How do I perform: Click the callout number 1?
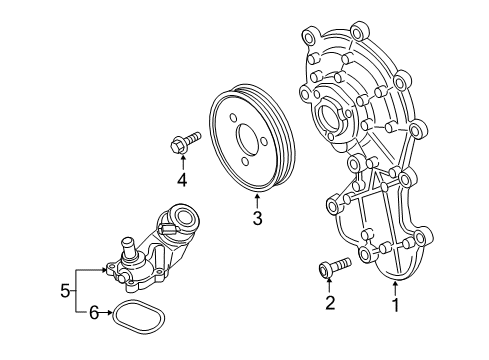[x=396, y=305]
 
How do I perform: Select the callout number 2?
[x=330, y=303]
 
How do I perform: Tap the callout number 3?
[x=257, y=218]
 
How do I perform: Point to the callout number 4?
[x=182, y=180]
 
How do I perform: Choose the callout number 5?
[x=65, y=291]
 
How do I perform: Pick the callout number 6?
[x=94, y=313]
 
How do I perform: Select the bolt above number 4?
[x=185, y=142]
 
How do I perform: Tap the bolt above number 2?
[x=335, y=267]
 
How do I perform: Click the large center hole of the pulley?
[x=248, y=139]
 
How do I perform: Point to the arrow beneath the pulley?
[x=257, y=201]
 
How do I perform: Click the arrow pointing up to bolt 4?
[x=182, y=163]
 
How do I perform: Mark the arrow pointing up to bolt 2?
[x=329, y=285]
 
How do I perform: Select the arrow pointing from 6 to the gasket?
[x=106, y=313]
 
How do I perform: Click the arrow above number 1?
[x=395, y=289]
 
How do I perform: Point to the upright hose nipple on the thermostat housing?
[x=128, y=250]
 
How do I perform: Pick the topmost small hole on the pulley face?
[x=233, y=118]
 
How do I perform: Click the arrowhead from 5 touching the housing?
[x=104, y=269]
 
